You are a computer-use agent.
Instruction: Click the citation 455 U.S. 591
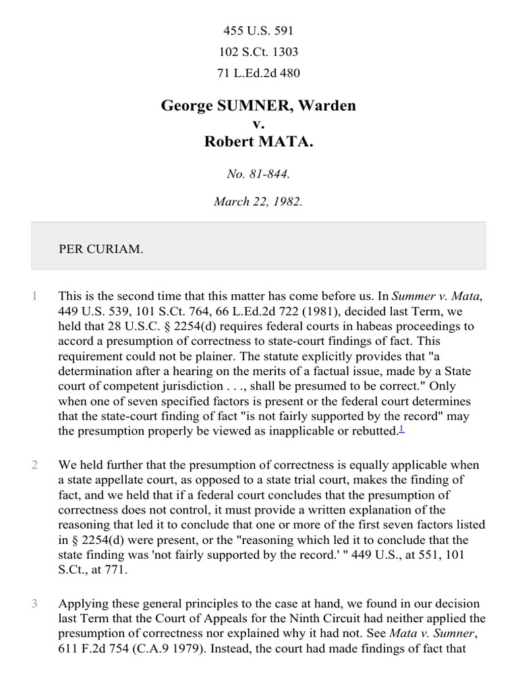(x=258, y=31)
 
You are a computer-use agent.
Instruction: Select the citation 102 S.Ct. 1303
(x=258, y=52)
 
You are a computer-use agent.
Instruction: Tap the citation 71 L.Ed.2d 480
(x=258, y=74)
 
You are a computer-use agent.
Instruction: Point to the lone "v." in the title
(x=258, y=124)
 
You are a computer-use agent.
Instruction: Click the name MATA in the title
(x=282, y=142)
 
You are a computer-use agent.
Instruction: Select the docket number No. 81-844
(x=258, y=173)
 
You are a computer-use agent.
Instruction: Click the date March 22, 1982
(x=258, y=202)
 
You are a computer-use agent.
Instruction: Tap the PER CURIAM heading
(x=100, y=249)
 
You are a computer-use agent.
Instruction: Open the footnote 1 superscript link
(x=401, y=429)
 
